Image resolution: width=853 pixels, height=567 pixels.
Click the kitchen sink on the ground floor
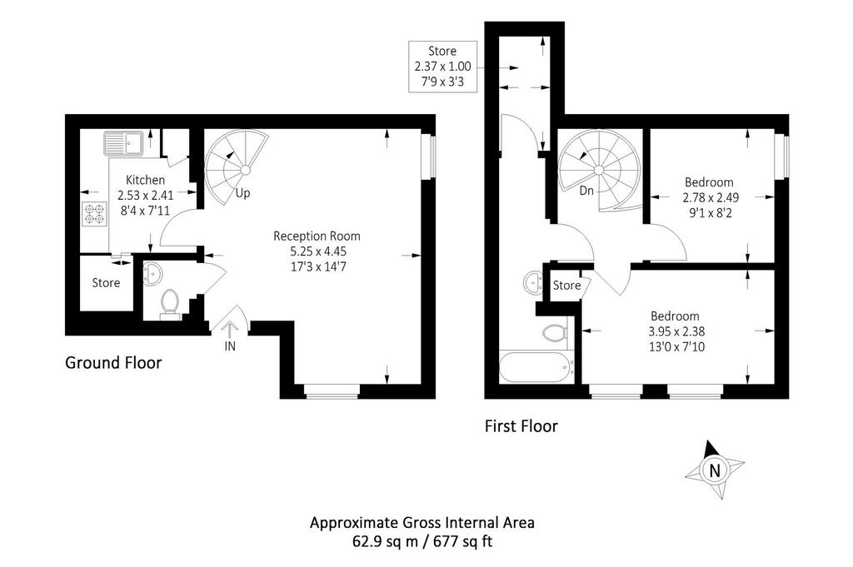tap(123, 143)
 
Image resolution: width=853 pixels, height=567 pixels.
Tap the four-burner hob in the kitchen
tap(95, 213)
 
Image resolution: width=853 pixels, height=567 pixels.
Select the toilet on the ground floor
tap(170, 304)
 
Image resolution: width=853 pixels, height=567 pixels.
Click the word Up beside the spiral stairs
tap(242, 193)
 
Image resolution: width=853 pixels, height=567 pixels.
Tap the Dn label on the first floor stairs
tap(586, 191)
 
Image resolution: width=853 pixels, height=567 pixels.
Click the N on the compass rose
tap(715, 470)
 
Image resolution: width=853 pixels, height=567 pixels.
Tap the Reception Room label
tap(317, 236)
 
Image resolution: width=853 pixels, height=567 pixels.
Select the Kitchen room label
tap(145, 180)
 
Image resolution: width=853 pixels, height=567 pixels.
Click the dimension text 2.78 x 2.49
tap(710, 197)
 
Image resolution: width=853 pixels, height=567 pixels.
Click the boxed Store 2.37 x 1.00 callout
tap(443, 67)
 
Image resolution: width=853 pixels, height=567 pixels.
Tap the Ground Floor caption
tap(113, 363)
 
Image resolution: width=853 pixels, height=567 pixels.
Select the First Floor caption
tap(521, 426)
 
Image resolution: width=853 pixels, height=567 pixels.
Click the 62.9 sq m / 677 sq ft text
tap(422, 542)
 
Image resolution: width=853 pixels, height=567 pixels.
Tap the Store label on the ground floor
tap(106, 283)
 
